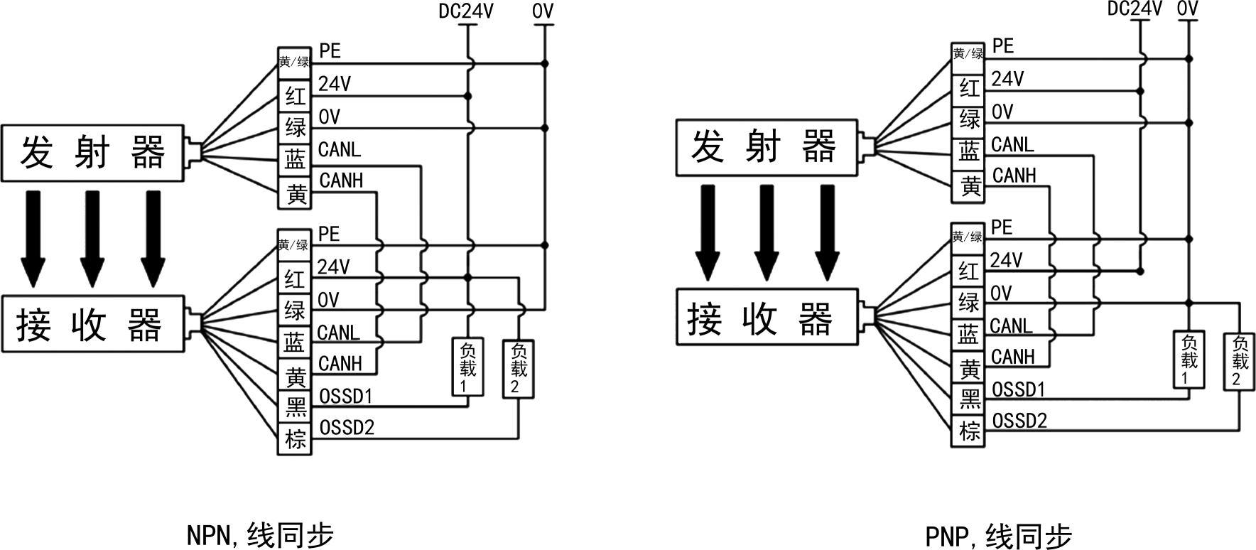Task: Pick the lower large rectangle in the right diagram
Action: click(x=767, y=317)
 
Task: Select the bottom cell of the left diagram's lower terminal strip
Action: click(x=294, y=438)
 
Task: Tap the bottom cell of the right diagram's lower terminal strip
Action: click(x=967, y=431)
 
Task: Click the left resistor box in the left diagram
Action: click(x=467, y=367)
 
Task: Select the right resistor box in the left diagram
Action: click(x=519, y=370)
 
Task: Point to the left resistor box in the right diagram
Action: click(x=1189, y=360)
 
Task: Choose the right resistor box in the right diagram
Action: click(x=1239, y=362)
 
